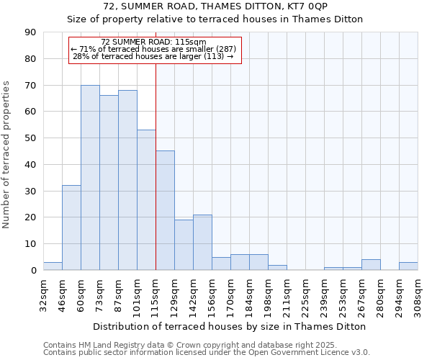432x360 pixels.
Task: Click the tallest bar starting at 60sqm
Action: coord(90,178)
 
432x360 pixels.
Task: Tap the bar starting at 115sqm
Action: coord(165,210)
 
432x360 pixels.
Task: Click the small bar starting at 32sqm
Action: coord(53,266)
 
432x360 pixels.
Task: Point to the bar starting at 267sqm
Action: coord(371,265)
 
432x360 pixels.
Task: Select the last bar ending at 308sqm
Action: coord(408,266)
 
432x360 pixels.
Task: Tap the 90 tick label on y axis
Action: coord(30,32)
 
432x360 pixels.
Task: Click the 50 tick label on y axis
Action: coord(30,138)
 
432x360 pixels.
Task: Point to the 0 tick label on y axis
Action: coord(33,271)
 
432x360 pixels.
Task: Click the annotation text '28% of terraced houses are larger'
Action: coord(153,56)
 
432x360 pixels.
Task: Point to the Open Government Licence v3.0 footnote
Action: coord(207,353)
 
